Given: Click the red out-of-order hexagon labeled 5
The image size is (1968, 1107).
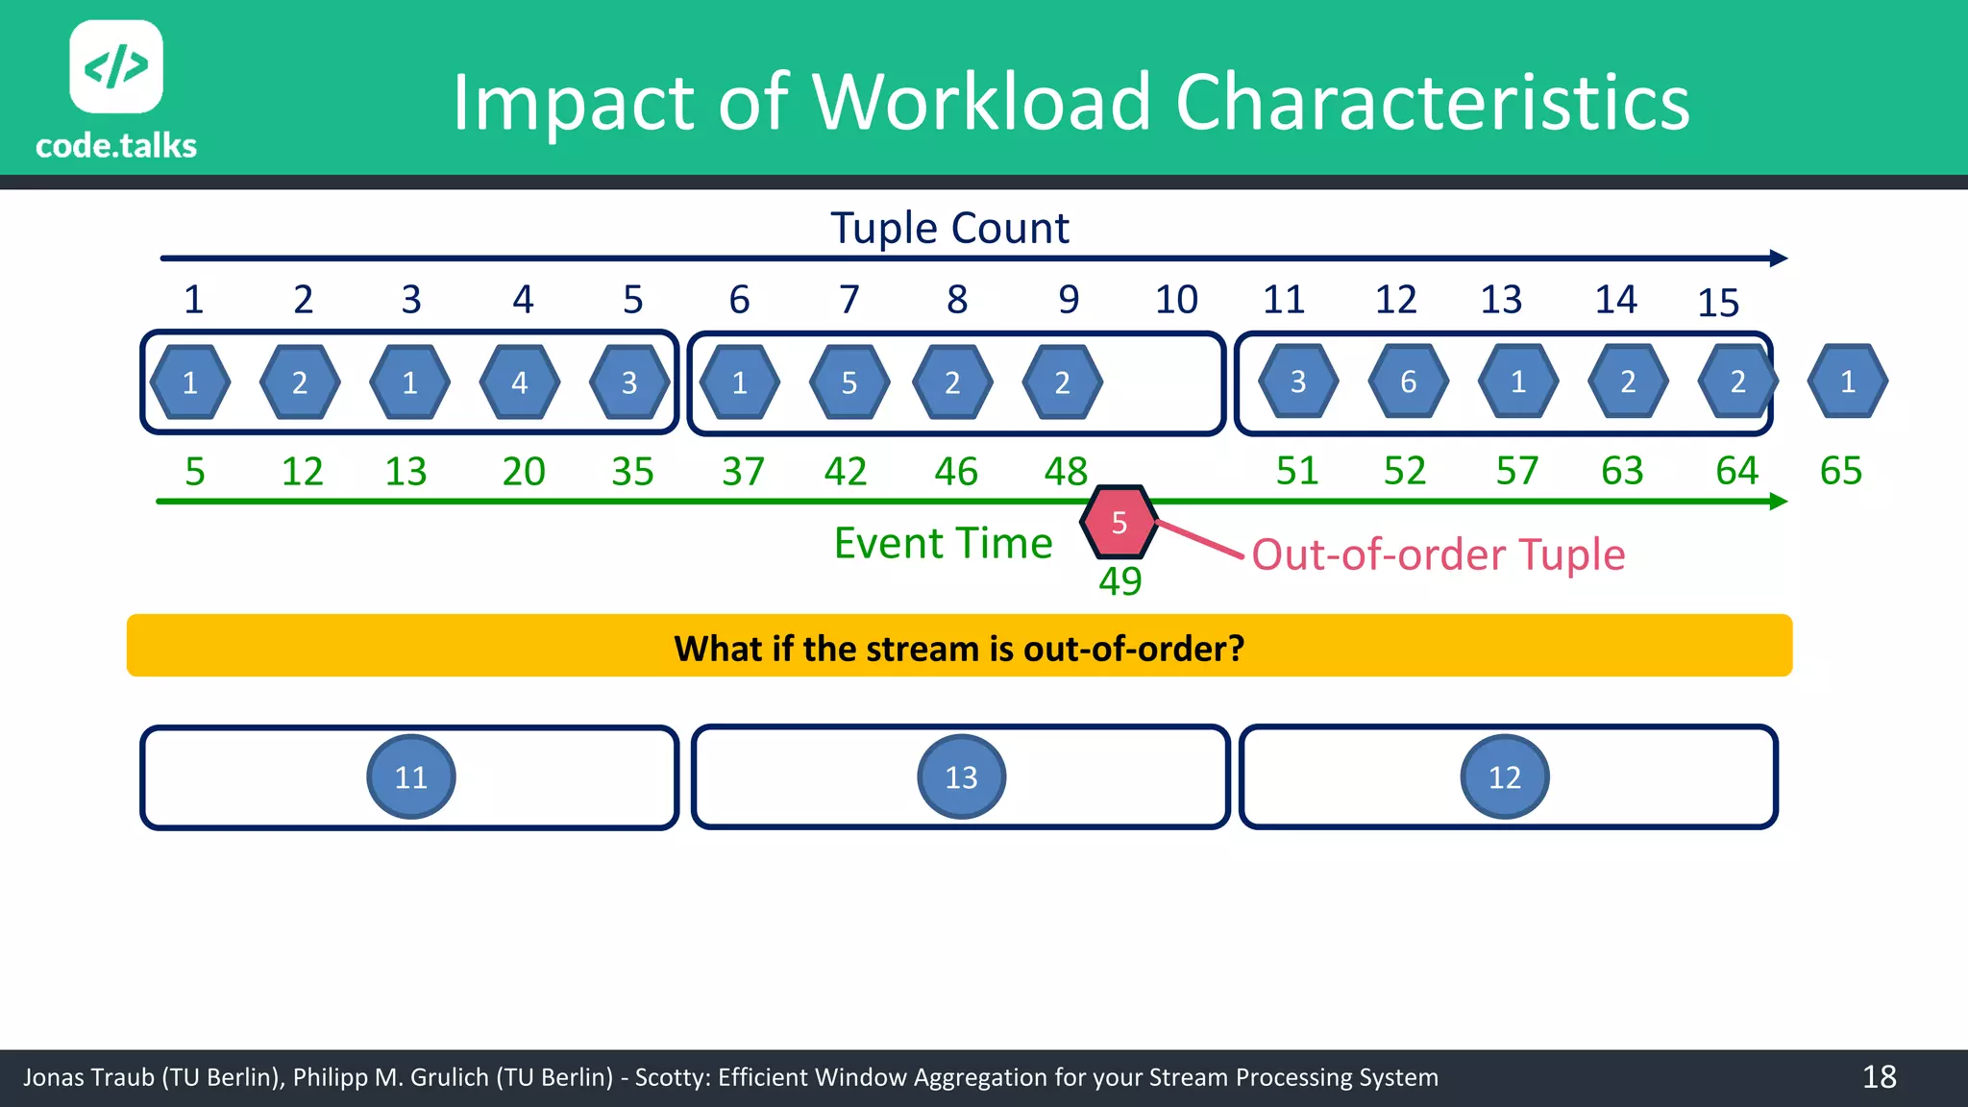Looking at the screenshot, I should [x=1119, y=523].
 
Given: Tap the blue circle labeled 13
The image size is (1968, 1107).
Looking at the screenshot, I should [x=961, y=776].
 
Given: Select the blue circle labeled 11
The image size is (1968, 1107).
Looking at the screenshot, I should [x=411, y=776].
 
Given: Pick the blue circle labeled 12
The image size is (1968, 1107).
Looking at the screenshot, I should [x=1504, y=776].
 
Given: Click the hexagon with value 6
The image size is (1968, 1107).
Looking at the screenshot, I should [x=1408, y=382].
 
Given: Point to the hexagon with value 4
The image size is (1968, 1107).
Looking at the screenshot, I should [x=520, y=383].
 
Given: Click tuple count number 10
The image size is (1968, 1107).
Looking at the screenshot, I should [x=1176, y=300].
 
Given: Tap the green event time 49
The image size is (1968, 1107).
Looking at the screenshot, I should [x=1119, y=581].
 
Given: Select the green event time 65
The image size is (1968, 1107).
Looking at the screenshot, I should [x=1840, y=471].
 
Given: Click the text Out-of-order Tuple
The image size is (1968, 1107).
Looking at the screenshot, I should [x=1438, y=554].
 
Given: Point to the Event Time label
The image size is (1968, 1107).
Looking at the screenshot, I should [x=943, y=544].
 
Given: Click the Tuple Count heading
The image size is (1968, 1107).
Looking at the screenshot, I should [x=949, y=229].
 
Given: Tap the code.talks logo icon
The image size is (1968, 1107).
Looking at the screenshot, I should [x=116, y=67].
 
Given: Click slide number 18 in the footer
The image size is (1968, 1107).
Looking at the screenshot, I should [x=1879, y=1077].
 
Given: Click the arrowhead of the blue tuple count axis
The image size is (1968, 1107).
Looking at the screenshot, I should [x=1779, y=258].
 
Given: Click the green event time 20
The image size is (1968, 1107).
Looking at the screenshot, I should [x=524, y=472].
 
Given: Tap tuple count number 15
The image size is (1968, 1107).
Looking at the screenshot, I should [x=1718, y=304].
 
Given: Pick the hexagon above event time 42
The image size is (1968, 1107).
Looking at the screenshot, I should [x=849, y=383].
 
